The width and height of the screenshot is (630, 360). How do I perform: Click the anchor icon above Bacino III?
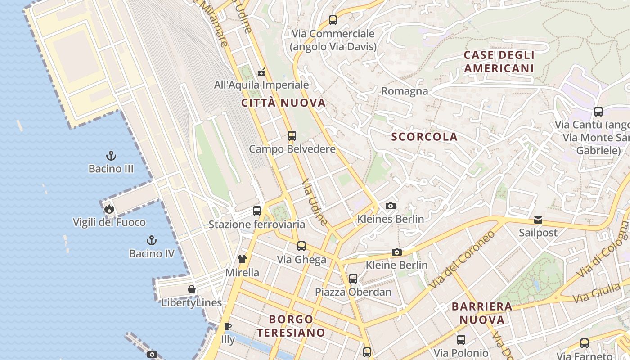[111, 156]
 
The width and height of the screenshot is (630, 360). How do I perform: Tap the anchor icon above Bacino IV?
[152, 240]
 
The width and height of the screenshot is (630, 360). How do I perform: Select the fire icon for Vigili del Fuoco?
[109, 209]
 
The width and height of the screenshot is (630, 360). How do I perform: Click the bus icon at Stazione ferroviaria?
[257, 211]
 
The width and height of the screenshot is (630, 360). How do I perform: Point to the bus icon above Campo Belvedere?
[292, 135]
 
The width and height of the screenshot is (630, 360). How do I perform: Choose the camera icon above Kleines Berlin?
[391, 206]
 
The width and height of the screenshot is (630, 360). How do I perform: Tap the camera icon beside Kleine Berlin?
[396, 252]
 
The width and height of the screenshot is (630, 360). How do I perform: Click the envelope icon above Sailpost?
[538, 220]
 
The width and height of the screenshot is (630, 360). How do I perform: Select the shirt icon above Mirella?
[242, 259]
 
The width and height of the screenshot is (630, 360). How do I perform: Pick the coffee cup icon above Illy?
[228, 326]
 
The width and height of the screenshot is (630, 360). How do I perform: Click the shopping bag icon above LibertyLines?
[192, 289]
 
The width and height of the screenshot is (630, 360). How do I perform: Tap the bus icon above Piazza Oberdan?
[353, 279]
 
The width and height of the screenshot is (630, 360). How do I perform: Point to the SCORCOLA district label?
[424, 137]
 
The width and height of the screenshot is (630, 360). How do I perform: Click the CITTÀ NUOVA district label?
[283, 103]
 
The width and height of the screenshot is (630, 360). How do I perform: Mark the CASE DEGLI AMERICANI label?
[499, 62]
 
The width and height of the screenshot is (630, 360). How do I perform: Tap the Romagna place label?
[405, 91]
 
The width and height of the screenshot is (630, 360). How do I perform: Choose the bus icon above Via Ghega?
[301, 246]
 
